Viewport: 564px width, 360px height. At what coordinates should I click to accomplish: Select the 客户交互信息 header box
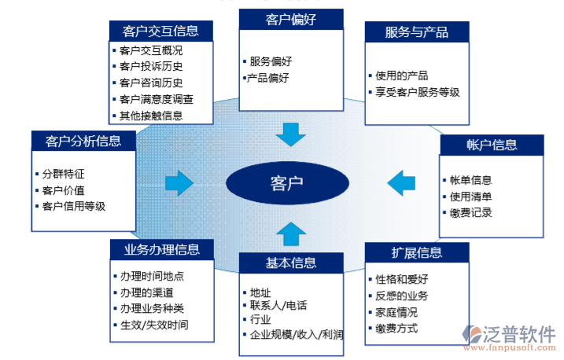tap(160, 31)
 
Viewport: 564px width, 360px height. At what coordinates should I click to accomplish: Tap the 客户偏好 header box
tap(291, 20)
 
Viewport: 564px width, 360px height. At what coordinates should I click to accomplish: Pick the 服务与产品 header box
tap(417, 32)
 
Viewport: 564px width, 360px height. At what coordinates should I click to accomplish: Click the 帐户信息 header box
tap(491, 145)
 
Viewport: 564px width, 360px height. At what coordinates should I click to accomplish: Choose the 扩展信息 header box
tap(417, 252)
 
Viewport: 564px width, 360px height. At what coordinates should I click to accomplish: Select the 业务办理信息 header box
tap(161, 250)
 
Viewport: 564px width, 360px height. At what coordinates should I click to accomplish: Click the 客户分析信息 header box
tap(83, 141)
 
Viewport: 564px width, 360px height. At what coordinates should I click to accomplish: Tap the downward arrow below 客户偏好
tap(290, 134)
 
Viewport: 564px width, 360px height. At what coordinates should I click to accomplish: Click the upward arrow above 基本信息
tap(290, 233)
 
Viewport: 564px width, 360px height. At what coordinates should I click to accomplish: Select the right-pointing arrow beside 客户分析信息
tap(179, 183)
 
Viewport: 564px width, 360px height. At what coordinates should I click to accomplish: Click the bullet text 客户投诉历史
tap(151, 67)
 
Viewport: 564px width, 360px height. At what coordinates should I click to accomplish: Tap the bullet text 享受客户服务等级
tap(418, 92)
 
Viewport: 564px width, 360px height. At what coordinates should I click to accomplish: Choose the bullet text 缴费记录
tap(470, 212)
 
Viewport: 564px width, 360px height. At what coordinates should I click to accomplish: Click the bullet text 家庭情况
tap(396, 311)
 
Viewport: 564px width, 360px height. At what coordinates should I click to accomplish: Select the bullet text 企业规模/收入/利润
tap(296, 335)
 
